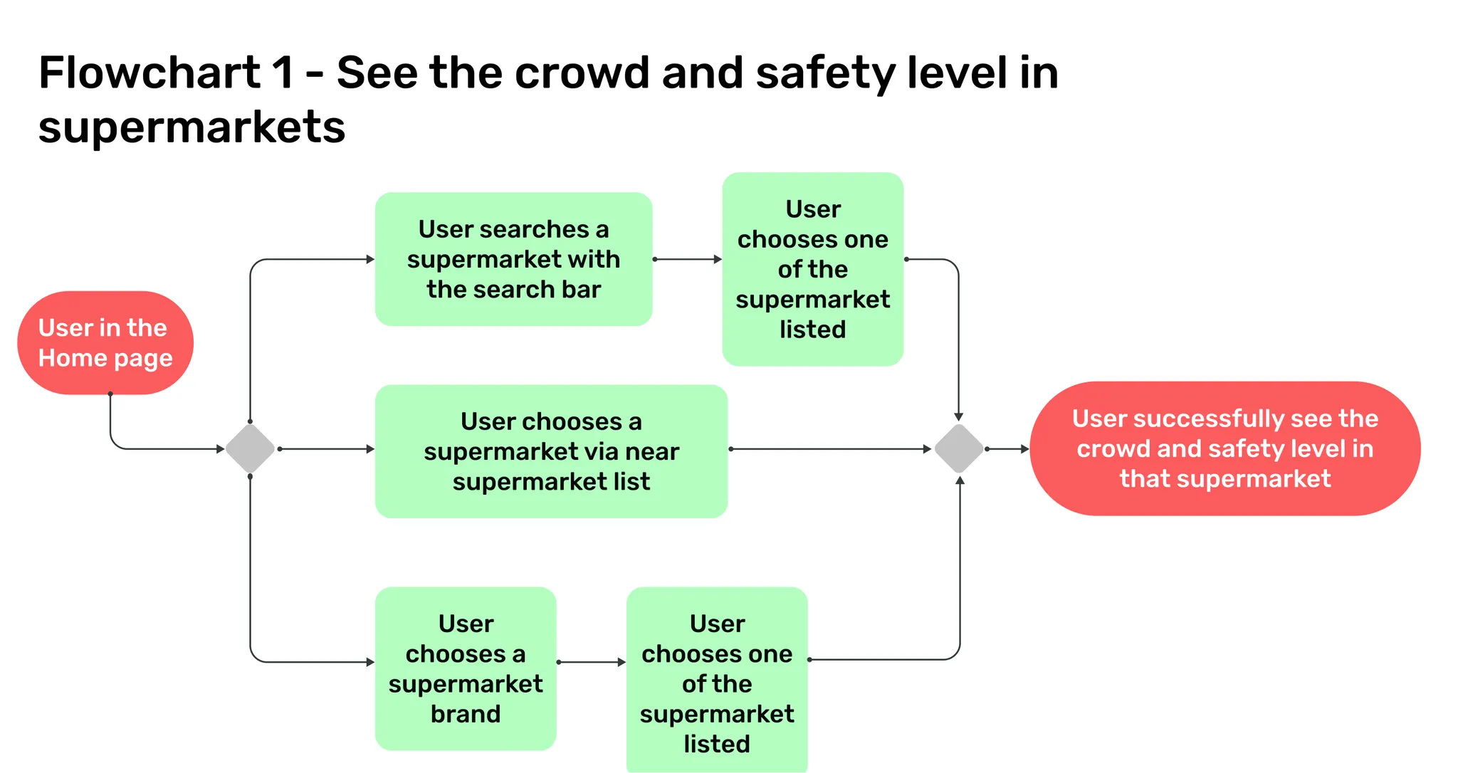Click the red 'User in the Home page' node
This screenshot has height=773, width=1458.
105,342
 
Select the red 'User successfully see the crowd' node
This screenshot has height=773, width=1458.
1224,448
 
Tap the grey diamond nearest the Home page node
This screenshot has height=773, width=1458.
250,448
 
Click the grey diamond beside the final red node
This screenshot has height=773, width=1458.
959,448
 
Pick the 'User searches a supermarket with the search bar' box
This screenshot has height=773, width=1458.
513,259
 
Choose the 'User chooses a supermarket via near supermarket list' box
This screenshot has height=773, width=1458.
551,451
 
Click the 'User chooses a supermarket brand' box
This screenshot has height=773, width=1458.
466,668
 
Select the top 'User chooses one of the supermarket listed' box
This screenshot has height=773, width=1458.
812,269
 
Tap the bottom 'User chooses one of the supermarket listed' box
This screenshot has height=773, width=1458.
717,680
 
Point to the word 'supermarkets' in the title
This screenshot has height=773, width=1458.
192,127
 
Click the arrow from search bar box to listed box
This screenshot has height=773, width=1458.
687,259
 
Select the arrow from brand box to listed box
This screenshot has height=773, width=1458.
591,662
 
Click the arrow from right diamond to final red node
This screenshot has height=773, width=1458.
1007,448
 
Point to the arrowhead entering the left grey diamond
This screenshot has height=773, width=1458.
221,448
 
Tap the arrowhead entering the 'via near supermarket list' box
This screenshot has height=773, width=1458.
371,448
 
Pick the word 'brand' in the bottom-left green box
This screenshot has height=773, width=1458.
466,713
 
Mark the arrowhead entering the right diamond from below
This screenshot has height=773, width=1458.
960,480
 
